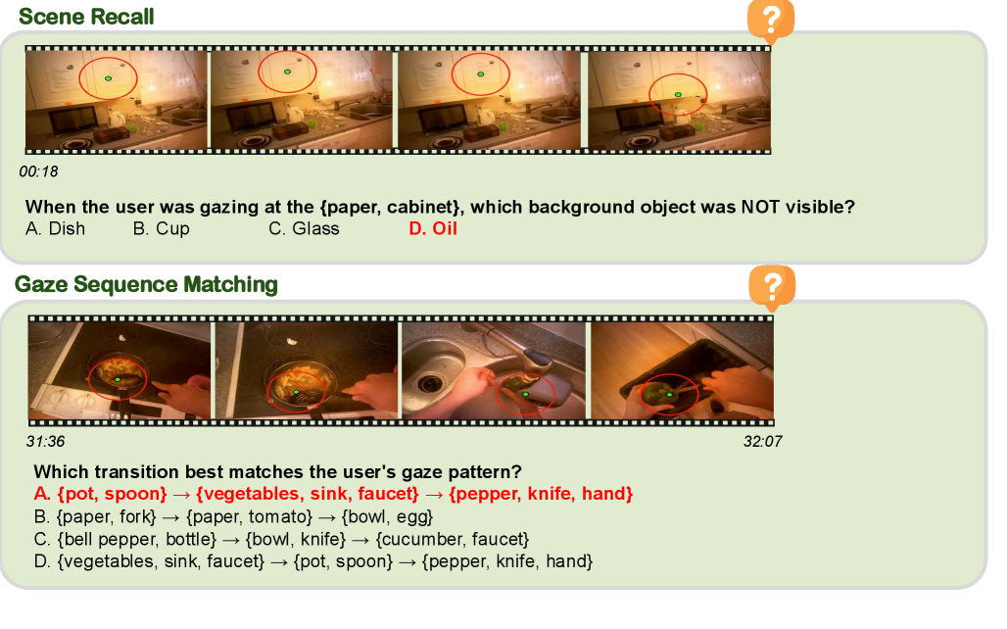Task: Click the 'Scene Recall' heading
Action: (86, 17)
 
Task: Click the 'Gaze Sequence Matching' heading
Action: (146, 284)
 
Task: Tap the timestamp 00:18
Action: (38, 171)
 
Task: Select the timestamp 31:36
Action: (46, 442)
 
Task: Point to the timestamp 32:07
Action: (762, 442)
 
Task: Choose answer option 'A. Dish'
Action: (55, 228)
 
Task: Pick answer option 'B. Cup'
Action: (162, 228)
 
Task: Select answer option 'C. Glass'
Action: (304, 228)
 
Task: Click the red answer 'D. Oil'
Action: (433, 228)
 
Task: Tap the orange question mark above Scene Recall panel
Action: (771, 22)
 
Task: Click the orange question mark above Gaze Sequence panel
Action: (772, 286)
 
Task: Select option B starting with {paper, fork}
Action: (234, 517)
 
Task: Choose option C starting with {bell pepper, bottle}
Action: (282, 539)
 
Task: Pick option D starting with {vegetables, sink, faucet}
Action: (313, 561)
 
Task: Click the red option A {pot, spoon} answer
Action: (333, 494)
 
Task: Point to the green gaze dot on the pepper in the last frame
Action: (670, 395)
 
